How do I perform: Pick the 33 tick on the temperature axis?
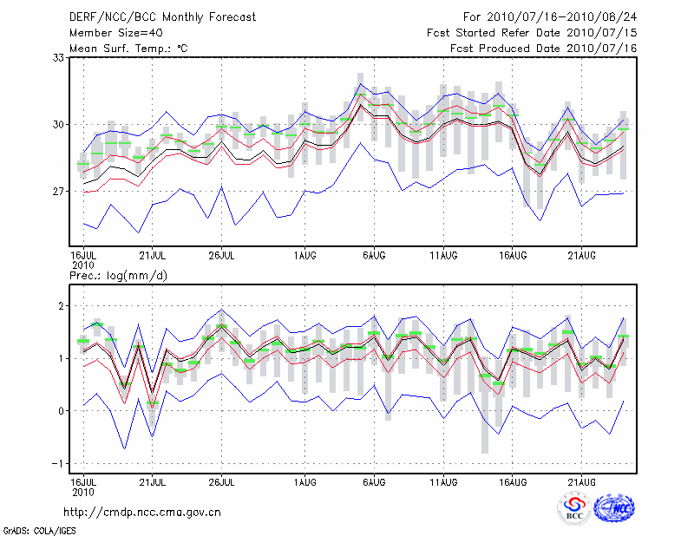pos(59,57)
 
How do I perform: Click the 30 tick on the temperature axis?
pos(59,124)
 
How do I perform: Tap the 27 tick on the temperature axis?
pos(59,191)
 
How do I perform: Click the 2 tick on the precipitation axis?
pos(62,306)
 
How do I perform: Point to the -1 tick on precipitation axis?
pos(59,463)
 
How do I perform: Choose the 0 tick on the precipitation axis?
pos(62,411)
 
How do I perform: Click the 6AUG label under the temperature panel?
pos(374,256)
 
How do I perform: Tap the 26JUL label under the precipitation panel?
pos(222,481)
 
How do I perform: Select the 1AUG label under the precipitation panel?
pos(304,481)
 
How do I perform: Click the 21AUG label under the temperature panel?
pos(582,256)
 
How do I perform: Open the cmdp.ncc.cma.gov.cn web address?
pos(142,512)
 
